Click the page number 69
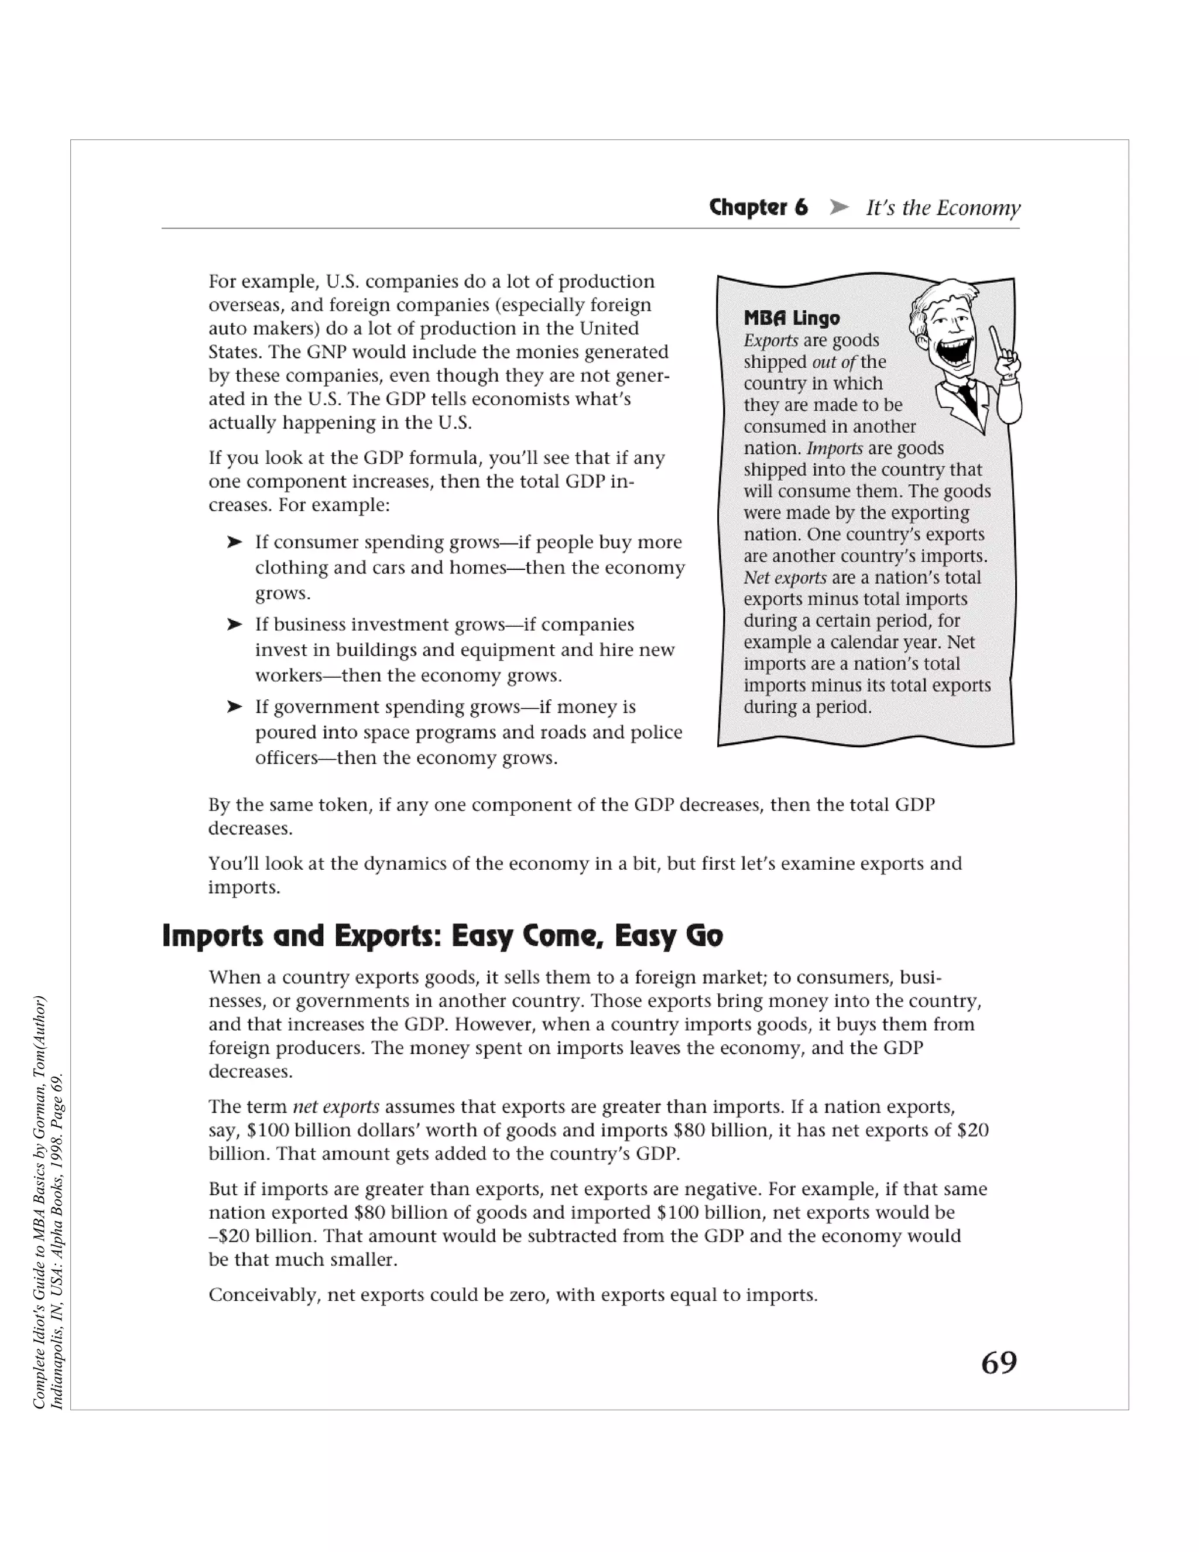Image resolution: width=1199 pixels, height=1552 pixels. tap(998, 1363)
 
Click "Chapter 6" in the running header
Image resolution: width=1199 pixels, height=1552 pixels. tap(758, 207)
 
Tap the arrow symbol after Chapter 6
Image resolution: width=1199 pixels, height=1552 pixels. tap(839, 207)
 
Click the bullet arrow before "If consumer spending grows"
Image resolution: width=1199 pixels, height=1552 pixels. tap(234, 542)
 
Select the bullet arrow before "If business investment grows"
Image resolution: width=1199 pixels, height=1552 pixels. tap(234, 625)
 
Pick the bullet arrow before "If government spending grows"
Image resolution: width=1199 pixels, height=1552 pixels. tap(234, 707)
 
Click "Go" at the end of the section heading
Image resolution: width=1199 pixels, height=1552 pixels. tap(704, 936)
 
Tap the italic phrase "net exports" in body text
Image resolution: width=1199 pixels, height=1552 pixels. tap(335, 1106)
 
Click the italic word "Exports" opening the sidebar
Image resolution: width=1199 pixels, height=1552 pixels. tap(770, 340)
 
